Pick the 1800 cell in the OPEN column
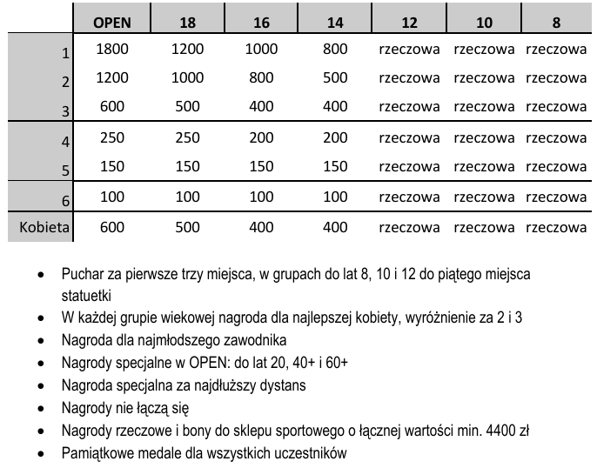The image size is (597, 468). coord(112,50)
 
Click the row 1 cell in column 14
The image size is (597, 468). coord(335,50)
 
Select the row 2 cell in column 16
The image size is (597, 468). coord(261,77)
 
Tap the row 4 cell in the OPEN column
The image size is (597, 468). coord(112,137)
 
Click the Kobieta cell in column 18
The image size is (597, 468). coord(187,228)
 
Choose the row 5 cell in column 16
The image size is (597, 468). coord(261,166)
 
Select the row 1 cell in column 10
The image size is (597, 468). coord(484,50)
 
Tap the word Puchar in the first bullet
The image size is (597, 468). coord(82,274)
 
